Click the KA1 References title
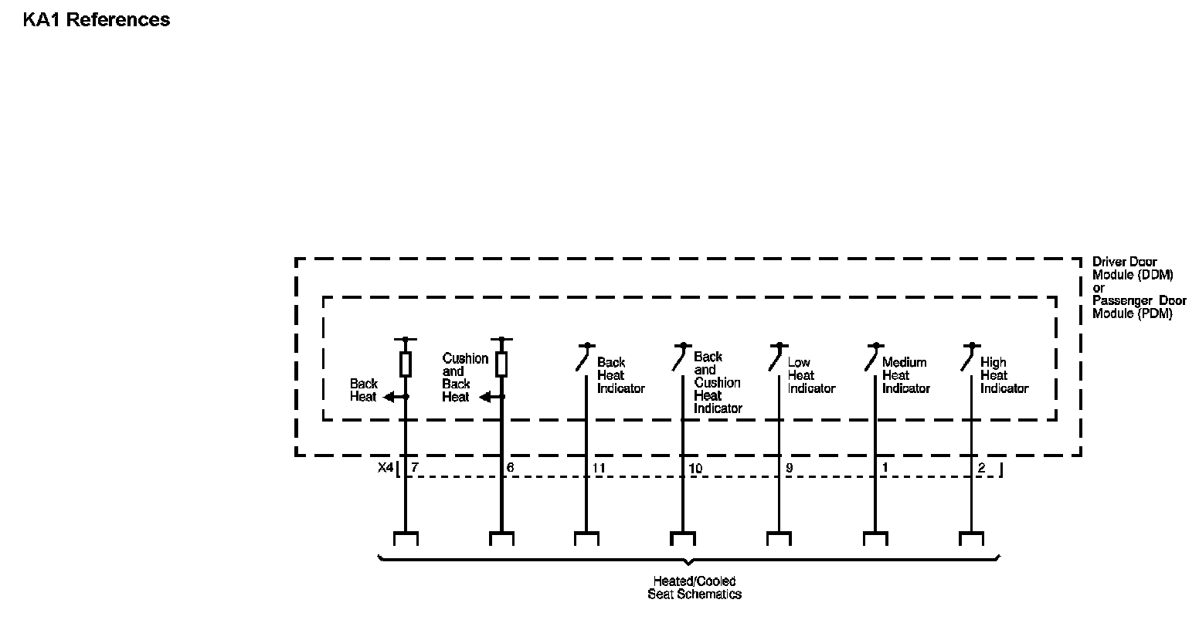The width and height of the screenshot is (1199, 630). (97, 20)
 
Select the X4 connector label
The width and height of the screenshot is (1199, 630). (386, 467)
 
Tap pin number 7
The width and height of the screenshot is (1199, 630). (415, 467)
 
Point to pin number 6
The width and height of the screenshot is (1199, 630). (510, 467)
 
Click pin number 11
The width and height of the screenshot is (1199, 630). (599, 468)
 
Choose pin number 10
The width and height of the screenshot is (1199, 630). (695, 468)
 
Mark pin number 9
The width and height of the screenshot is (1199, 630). (789, 468)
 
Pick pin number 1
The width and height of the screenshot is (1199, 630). (885, 467)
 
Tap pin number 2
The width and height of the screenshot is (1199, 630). (982, 467)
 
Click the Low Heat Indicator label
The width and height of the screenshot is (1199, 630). (811, 375)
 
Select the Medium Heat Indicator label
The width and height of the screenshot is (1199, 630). (905, 375)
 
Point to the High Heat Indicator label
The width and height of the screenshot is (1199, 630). (1004, 375)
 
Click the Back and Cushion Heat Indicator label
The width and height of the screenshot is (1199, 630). (718, 382)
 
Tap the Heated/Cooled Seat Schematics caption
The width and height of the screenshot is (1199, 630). (695, 588)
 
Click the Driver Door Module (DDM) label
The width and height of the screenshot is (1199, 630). (1133, 268)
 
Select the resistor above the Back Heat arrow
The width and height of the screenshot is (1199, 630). (405, 364)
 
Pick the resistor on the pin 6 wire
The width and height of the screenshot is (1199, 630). (501, 364)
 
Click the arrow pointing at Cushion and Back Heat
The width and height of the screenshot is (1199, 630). (488, 397)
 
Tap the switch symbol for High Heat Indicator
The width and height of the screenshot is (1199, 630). (968, 357)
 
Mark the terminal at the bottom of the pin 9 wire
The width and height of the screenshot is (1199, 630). (779, 537)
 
